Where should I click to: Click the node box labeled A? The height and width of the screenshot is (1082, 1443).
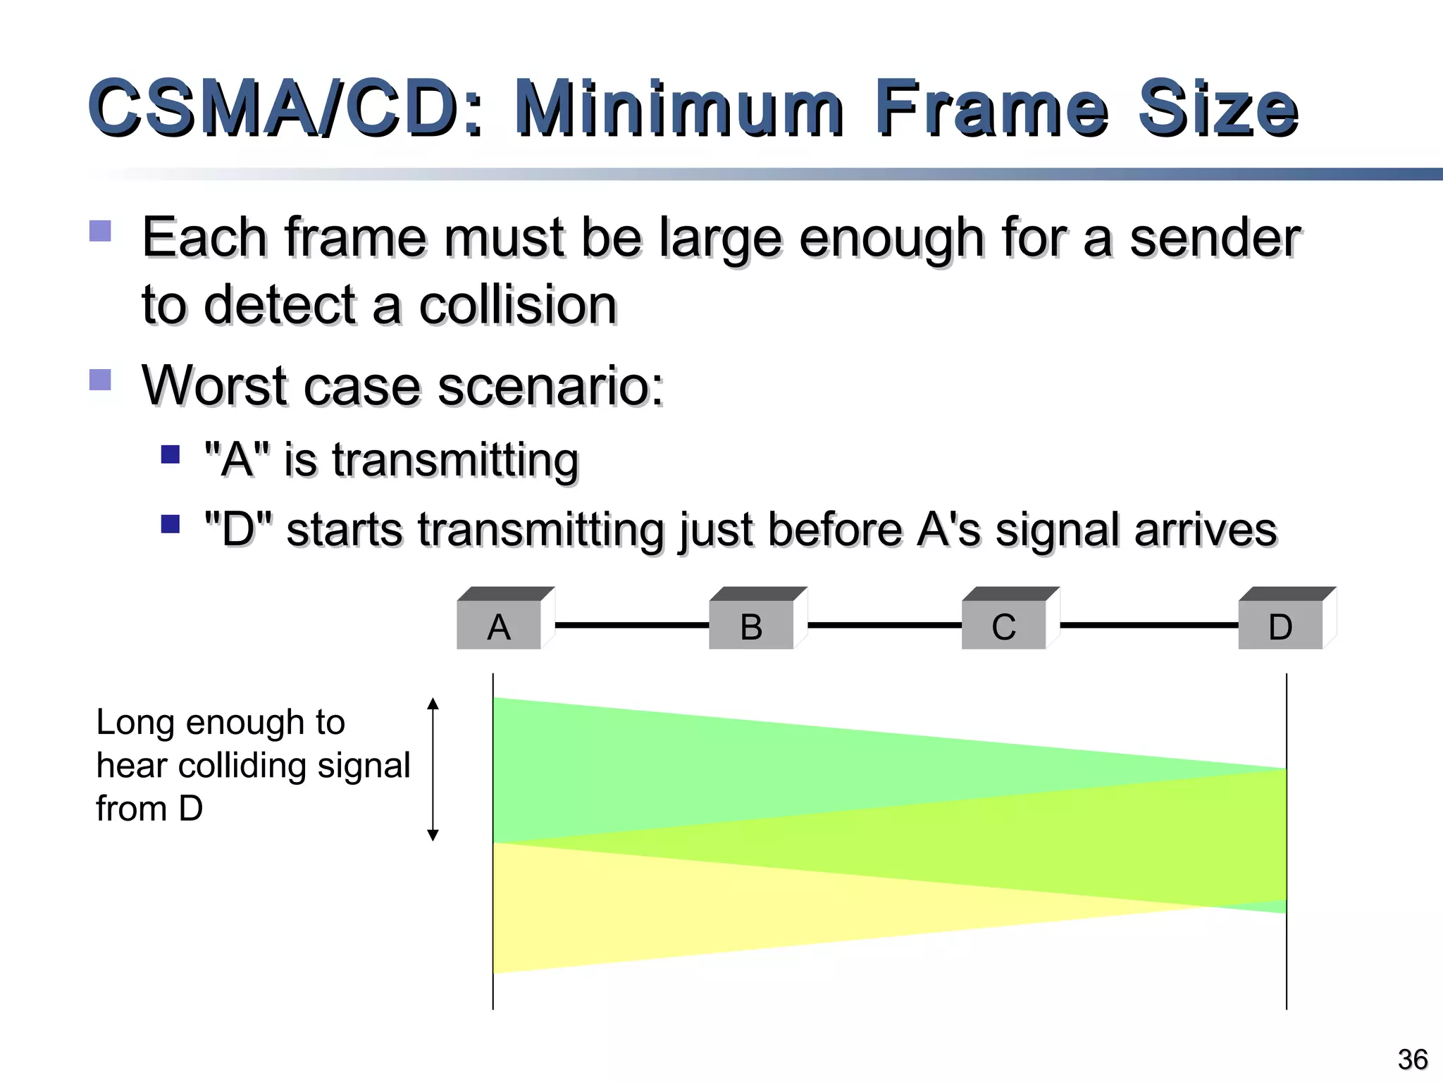click(500, 625)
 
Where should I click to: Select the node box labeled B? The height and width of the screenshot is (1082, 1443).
click(752, 625)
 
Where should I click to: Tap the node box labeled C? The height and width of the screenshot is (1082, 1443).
click(1004, 625)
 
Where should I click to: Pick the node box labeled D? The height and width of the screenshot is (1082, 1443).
click(1280, 625)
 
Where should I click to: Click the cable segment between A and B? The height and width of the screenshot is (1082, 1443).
click(632, 625)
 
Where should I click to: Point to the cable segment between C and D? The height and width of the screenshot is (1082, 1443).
click(1148, 625)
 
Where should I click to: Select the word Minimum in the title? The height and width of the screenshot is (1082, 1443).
click(678, 108)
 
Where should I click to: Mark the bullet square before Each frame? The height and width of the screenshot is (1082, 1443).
click(100, 231)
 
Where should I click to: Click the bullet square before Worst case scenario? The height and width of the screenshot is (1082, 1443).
click(100, 380)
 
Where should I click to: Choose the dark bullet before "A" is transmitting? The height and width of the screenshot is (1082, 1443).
click(171, 454)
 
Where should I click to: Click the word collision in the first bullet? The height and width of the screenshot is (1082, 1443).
click(518, 305)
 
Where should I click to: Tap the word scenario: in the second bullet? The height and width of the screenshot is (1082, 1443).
click(550, 386)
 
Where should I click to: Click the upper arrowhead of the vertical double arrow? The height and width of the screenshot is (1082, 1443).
click(433, 703)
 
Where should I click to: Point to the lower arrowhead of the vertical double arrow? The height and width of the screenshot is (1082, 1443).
click(433, 835)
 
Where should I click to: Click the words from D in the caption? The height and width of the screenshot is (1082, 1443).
click(149, 808)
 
